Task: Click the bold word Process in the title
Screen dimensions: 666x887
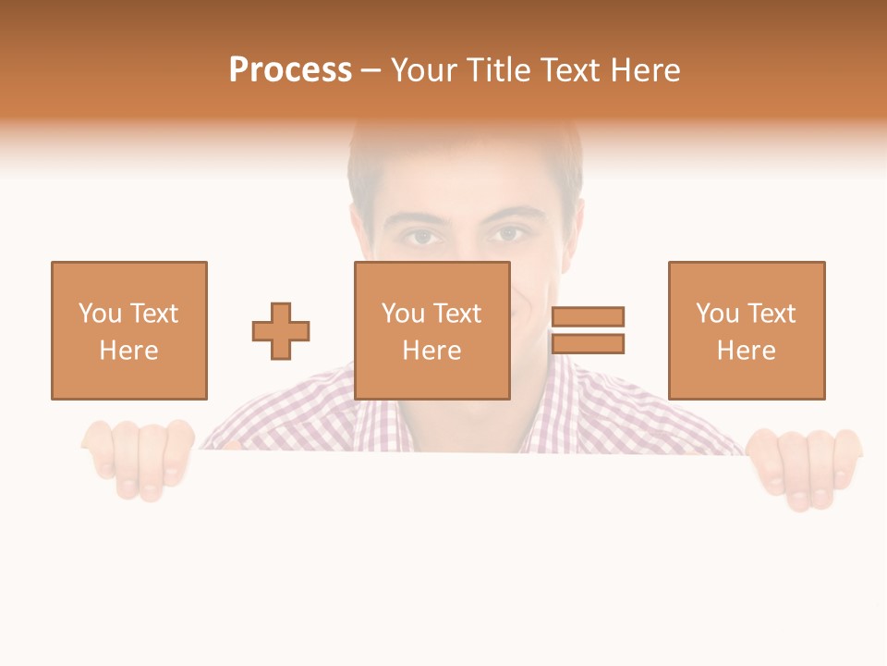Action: (x=290, y=70)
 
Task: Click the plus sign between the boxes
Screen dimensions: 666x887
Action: (x=281, y=331)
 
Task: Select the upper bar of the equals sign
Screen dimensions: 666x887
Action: (x=588, y=316)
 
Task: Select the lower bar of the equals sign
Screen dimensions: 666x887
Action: (x=588, y=343)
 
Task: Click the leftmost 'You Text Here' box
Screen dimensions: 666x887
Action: (x=128, y=330)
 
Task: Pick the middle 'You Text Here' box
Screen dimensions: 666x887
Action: (x=431, y=330)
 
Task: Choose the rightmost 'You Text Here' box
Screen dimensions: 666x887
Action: (x=746, y=330)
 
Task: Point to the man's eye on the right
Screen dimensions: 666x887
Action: (x=507, y=235)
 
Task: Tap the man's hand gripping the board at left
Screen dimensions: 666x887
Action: (x=139, y=458)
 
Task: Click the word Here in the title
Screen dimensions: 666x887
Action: (x=648, y=70)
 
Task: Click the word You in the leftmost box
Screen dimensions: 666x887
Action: (x=99, y=314)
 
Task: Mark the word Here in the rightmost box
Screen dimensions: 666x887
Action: (x=746, y=351)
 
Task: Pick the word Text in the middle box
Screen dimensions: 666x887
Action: (x=456, y=314)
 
